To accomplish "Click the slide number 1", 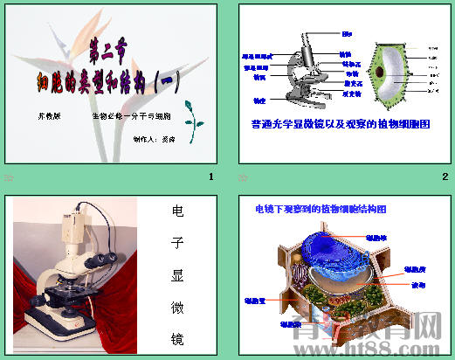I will pyautogui.click(x=210, y=178).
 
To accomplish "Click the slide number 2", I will pyautogui.click(x=445, y=178).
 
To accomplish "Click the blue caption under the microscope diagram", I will pyautogui.click(x=341, y=125).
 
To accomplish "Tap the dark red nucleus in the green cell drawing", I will pyautogui.click(x=383, y=72).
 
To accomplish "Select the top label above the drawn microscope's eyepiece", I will pyautogui.click(x=347, y=34).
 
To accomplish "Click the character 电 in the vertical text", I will pyautogui.click(x=176, y=212).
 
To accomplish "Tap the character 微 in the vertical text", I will pyautogui.click(x=176, y=307).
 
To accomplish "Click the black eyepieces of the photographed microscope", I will pyautogui.click(x=103, y=259).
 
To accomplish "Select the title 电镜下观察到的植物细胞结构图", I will pyautogui.click(x=320, y=210).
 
